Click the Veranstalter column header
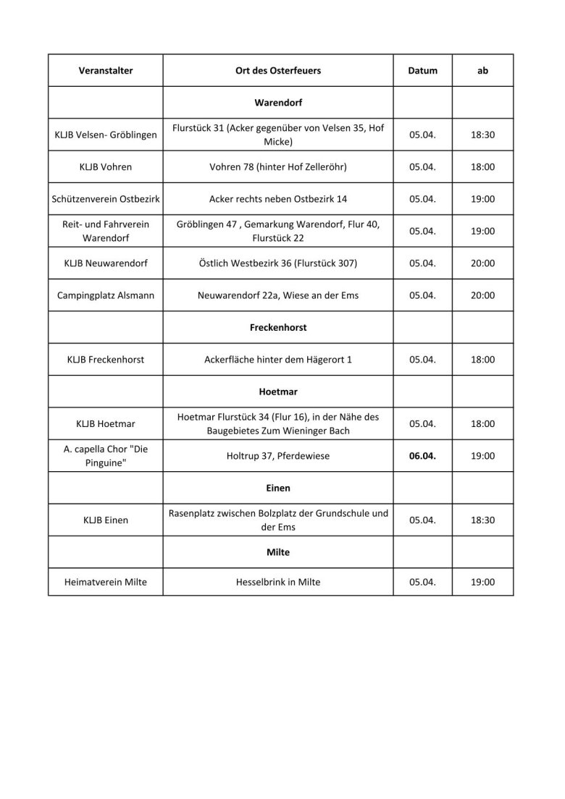point(106,71)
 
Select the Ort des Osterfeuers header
point(278,71)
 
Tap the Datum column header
point(423,71)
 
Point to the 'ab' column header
point(482,71)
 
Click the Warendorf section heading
point(278,103)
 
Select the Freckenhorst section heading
point(278,327)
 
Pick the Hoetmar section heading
point(278,392)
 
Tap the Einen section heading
point(278,488)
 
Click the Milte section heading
point(278,552)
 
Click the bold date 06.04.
point(423,456)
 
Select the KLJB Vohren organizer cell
point(106,167)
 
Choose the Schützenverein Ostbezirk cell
point(106,199)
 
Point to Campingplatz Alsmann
point(106,295)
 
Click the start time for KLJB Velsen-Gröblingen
point(482,135)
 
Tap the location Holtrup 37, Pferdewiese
point(278,456)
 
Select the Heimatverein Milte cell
point(106,581)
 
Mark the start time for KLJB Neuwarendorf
point(482,263)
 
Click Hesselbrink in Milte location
point(278,581)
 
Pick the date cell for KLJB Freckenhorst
point(423,360)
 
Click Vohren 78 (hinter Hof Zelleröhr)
point(278,167)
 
